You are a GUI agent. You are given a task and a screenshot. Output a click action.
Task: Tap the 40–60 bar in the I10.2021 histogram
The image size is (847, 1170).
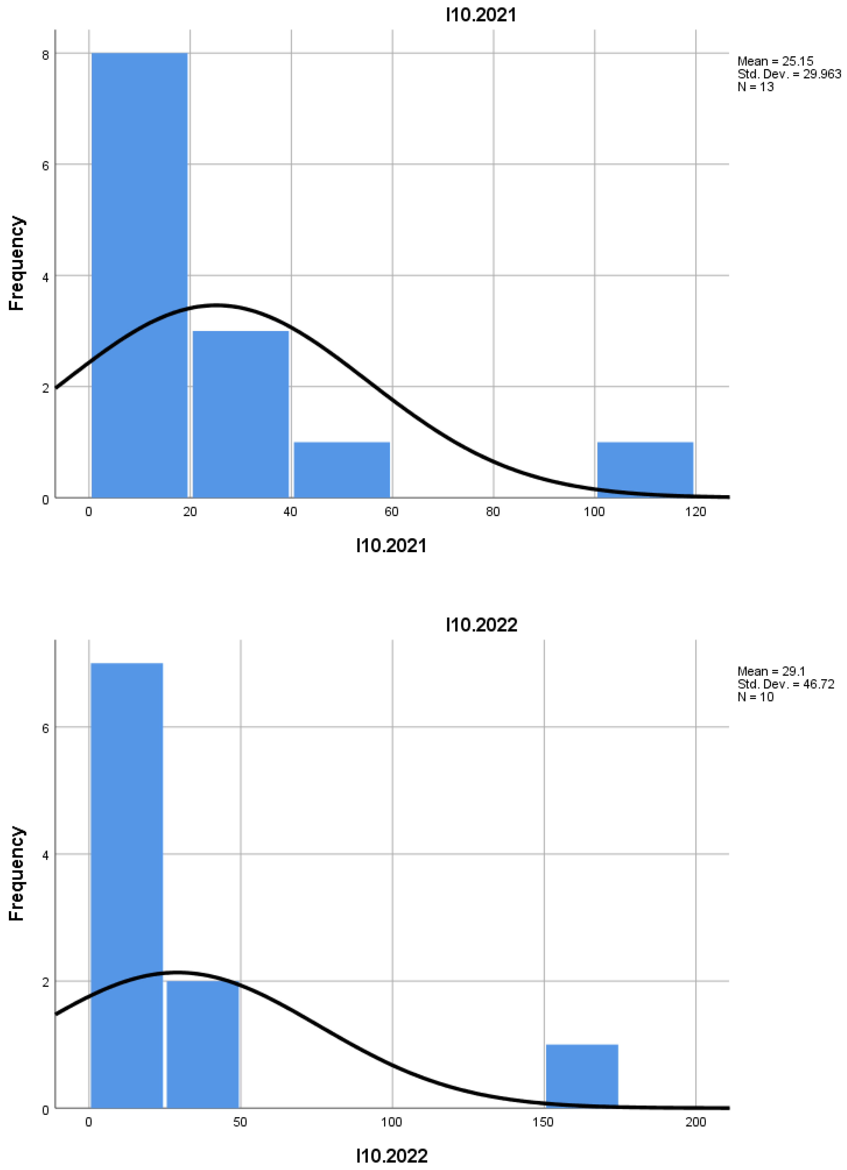click(341, 470)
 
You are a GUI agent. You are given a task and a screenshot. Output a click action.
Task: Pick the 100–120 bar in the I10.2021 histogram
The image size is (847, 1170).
click(645, 470)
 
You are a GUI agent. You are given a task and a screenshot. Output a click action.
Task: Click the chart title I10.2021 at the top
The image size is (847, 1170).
click(481, 15)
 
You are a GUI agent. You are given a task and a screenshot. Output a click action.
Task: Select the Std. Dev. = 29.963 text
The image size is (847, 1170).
click(789, 74)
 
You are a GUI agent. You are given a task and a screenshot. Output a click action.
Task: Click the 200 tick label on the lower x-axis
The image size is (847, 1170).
click(695, 1122)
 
